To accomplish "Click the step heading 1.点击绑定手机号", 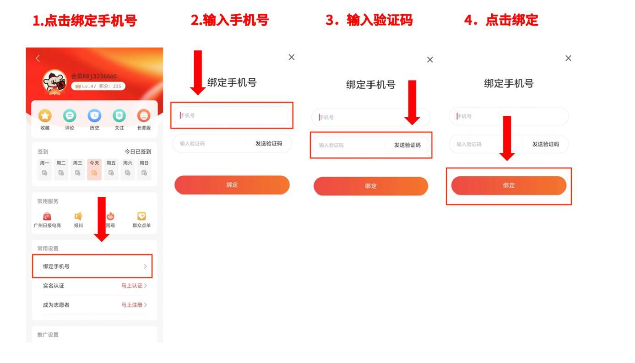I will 85,21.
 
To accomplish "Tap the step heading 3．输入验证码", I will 369,21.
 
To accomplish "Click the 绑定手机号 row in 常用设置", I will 92,266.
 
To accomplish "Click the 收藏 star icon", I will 44,117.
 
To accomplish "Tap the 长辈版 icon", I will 144,117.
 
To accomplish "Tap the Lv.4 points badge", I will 98,86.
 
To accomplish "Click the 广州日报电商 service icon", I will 47,216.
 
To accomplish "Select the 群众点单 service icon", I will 141,216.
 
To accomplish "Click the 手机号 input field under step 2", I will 232,115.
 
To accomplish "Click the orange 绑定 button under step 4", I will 509,185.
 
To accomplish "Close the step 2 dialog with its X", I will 291,57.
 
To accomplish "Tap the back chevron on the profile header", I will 38,58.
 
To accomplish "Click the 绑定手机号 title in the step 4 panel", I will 509,84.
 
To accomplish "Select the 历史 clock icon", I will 94,117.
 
